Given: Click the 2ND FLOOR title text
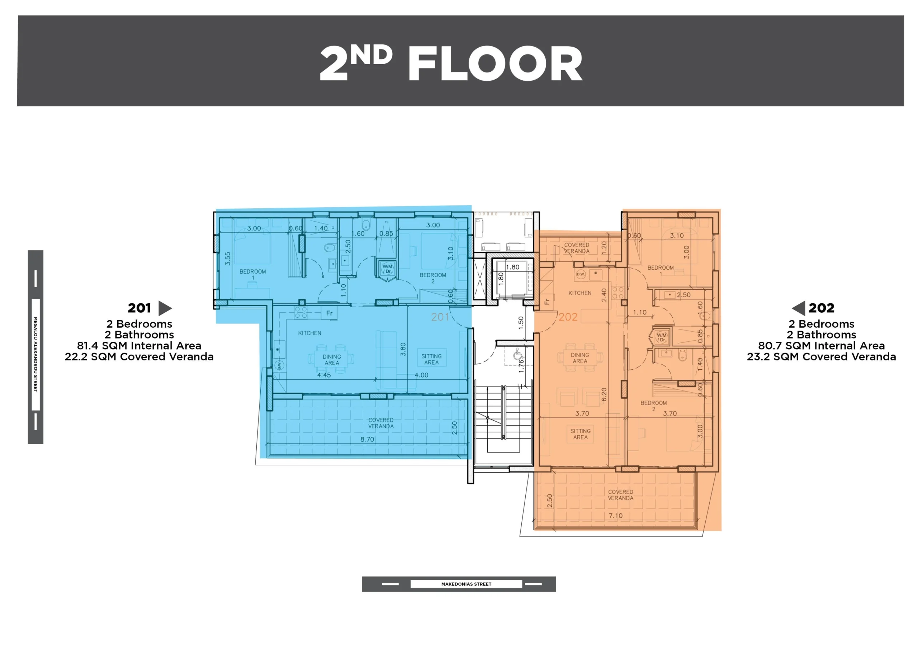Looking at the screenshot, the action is tap(451, 63).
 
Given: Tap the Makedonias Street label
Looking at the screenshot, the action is tap(466, 584).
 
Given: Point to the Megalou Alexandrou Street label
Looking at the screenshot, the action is tap(36, 354).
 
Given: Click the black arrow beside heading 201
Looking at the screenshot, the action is tap(165, 308).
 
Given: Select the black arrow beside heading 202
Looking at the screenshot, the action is tap(799, 308).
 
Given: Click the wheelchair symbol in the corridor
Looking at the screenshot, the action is tap(518, 355).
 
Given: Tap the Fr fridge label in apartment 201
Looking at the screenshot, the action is tap(329, 313).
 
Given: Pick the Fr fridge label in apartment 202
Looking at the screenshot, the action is tap(547, 302).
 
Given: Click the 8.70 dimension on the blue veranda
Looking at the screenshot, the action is tap(367, 440).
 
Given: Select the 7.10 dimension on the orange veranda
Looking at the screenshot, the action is tap(615, 516).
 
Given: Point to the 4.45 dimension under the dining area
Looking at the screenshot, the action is tap(324, 375).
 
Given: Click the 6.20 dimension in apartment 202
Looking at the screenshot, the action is tap(604, 394).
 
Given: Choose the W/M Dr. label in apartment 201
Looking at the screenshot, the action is tap(387, 269).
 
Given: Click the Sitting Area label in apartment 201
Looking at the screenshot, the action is tap(431, 359).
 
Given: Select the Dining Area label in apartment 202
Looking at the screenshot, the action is tap(580, 358).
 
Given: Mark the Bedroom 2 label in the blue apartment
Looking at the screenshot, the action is tap(432, 278).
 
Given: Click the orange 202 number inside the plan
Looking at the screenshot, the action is tap(568, 317).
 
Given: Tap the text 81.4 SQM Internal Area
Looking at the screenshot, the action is tap(139, 346).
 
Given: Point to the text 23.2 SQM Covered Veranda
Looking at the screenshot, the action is tap(821, 357).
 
